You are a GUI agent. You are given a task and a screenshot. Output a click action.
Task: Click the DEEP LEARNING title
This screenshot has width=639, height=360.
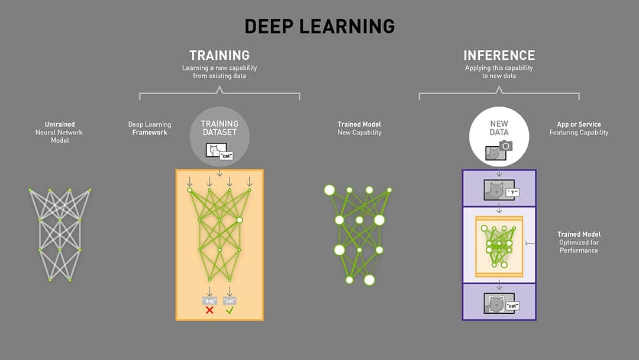click(319, 26)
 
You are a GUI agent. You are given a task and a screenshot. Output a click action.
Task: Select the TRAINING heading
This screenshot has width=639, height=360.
click(219, 55)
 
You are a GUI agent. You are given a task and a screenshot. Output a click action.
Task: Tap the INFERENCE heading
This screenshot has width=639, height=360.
click(499, 55)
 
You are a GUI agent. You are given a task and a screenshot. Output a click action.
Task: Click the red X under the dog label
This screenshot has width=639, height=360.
click(209, 310)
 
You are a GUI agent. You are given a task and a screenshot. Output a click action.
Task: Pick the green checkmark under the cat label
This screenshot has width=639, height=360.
click(230, 310)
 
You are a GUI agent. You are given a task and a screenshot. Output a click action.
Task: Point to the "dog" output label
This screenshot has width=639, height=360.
click(209, 300)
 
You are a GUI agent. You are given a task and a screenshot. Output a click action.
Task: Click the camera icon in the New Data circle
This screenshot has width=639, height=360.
click(506, 146)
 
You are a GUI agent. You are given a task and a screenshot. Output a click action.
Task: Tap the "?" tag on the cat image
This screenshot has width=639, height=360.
click(512, 192)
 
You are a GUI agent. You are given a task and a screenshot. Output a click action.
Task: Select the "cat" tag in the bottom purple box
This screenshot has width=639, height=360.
click(512, 306)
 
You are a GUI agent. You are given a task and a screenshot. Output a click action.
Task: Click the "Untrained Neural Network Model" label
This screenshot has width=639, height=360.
click(60, 133)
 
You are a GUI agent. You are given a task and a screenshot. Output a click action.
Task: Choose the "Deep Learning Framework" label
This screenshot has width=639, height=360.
click(150, 128)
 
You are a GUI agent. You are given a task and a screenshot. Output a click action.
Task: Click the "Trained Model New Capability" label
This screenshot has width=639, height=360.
click(359, 128)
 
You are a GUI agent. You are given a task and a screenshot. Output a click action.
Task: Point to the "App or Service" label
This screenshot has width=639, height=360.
click(579, 125)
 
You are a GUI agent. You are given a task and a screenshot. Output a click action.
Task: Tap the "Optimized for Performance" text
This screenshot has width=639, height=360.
click(579, 246)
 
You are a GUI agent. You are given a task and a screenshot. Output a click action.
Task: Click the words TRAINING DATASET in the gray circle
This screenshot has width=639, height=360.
click(220, 128)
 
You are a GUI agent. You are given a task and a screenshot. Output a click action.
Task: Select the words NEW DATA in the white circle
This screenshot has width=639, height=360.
click(499, 128)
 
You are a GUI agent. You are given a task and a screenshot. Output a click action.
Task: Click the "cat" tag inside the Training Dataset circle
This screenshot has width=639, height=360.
click(225, 156)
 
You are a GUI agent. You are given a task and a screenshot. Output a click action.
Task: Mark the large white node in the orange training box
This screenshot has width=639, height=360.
click(240, 220)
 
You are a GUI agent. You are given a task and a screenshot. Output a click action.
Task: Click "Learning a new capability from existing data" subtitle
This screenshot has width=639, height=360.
click(219, 72)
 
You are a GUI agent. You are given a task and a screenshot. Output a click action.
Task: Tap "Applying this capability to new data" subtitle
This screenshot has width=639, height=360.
click(499, 72)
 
